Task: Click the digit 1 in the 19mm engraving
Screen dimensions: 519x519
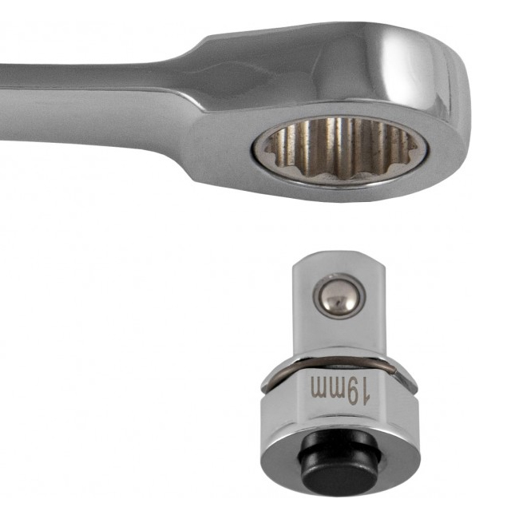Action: (x=365, y=392)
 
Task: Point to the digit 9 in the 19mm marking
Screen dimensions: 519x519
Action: (x=352, y=392)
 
